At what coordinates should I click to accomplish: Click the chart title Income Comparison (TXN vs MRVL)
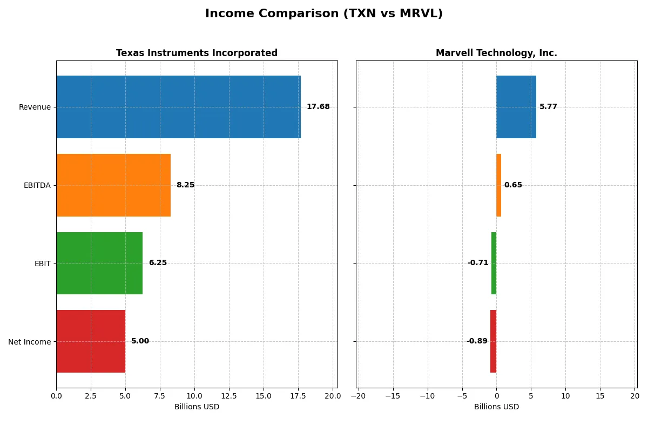(323, 14)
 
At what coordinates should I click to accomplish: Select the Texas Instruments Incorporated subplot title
(197, 53)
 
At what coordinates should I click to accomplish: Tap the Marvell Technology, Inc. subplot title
(496, 53)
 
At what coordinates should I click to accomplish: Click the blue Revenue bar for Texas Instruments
(178, 107)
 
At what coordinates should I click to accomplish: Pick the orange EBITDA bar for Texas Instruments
(113, 185)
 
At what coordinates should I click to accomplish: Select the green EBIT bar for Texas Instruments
(99, 263)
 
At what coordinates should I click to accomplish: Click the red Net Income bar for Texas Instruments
(91, 341)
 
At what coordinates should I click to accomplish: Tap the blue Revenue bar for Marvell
(516, 107)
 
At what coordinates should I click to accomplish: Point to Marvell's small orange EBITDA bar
(499, 185)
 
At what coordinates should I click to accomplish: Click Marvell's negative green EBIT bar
(494, 263)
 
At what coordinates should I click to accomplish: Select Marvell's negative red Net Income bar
(494, 341)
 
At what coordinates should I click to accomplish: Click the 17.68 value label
(318, 107)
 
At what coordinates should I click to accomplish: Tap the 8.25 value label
(185, 185)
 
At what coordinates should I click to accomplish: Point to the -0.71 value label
(478, 263)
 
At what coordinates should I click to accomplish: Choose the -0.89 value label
(477, 341)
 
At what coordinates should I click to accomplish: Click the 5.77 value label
(548, 107)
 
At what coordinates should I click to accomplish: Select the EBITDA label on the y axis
(37, 185)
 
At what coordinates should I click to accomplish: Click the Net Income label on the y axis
(30, 341)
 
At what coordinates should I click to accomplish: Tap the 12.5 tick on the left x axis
(229, 396)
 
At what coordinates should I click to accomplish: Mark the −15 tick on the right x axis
(393, 396)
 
